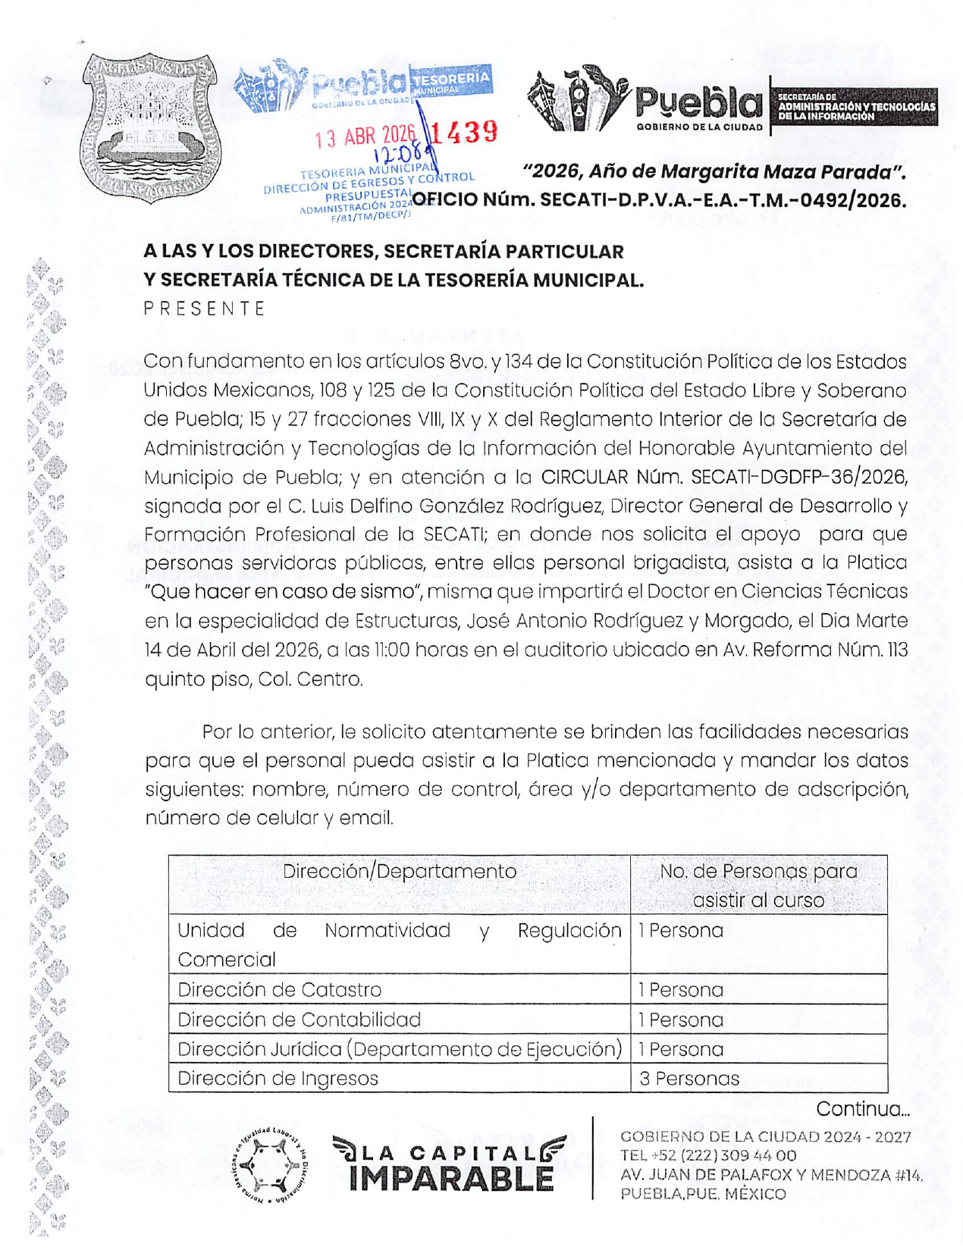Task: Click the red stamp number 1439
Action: click(x=466, y=133)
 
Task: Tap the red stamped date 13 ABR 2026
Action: click(x=366, y=136)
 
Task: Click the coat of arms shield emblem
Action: click(x=150, y=127)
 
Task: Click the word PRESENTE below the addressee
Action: click(x=205, y=309)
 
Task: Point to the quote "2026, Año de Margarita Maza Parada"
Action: click(x=714, y=171)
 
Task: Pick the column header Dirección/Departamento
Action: click(x=399, y=871)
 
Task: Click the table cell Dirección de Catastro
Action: click(x=279, y=989)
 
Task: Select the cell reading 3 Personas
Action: click(x=689, y=1078)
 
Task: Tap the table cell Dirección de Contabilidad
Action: click(x=299, y=1019)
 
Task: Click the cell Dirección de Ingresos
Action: click(x=278, y=1078)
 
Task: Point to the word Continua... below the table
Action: click(x=862, y=1109)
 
